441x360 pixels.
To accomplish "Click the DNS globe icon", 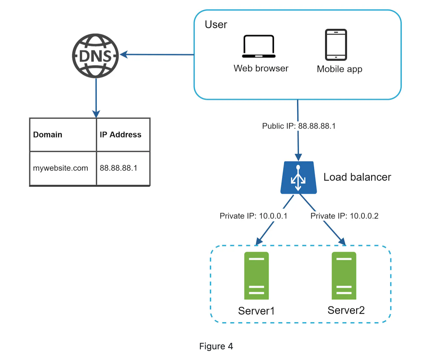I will click(x=95, y=56).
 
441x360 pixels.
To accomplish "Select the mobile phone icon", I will click(x=336, y=45).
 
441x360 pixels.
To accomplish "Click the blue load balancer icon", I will click(x=298, y=178).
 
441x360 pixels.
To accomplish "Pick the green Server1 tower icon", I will click(x=256, y=276).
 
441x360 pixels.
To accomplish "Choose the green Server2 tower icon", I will click(x=344, y=276).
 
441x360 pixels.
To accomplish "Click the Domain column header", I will click(x=48, y=135).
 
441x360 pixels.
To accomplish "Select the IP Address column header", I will click(x=120, y=135).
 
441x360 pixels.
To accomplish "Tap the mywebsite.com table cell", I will click(x=60, y=168).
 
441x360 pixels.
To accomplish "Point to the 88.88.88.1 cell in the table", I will click(x=118, y=168).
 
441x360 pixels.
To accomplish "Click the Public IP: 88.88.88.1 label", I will click(x=299, y=126).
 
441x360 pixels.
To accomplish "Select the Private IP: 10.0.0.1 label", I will click(x=253, y=216).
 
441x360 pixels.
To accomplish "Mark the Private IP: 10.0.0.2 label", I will click(x=344, y=216).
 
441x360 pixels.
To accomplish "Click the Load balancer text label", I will click(x=357, y=177).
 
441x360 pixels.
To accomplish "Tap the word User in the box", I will click(x=216, y=25).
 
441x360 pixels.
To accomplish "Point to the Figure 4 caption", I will click(x=216, y=346).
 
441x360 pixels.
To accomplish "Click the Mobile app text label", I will click(x=339, y=69).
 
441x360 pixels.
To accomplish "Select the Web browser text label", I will click(x=261, y=69).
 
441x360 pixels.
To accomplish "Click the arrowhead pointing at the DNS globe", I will click(x=124, y=55).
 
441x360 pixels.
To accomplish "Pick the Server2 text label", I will click(x=346, y=310).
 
